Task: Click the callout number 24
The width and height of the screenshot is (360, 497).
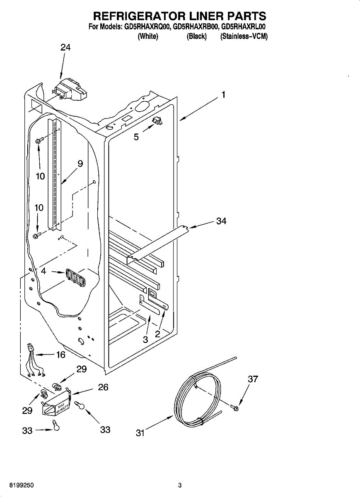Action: (65, 48)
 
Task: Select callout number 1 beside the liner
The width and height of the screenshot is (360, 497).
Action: (223, 95)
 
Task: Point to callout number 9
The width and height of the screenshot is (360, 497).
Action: (80, 164)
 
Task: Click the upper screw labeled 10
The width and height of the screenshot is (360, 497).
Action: (38, 141)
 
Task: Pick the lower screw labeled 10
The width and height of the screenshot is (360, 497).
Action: (37, 235)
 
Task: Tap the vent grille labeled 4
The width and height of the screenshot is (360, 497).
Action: (74, 277)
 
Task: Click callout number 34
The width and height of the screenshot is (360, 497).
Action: (221, 221)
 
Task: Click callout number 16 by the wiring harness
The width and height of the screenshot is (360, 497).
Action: (60, 355)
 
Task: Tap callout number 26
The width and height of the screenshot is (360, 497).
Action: (103, 387)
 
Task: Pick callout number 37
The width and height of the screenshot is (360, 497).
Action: (253, 379)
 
